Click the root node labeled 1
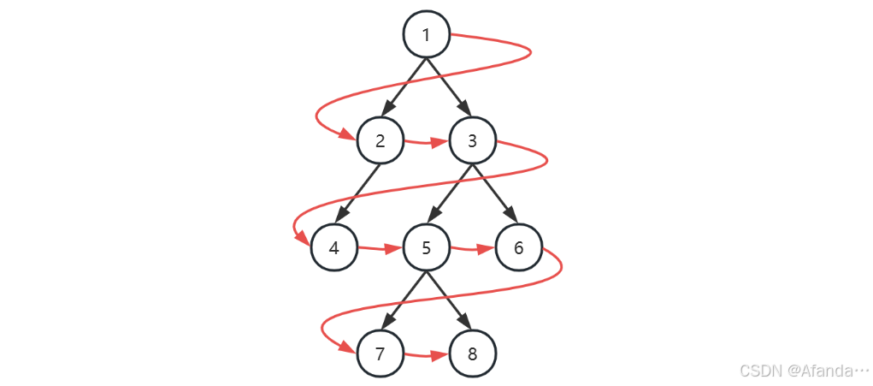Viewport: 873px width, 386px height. (x=427, y=34)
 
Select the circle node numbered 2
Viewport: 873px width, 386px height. (x=380, y=141)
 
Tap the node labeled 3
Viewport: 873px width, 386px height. (x=473, y=141)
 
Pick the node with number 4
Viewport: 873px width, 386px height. (x=333, y=248)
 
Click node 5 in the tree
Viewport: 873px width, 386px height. (x=427, y=248)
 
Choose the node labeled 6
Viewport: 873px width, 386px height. (x=519, y=248)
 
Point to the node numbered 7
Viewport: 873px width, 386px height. (x=380, y=354)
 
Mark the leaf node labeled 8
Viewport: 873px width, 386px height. (x=473, y=354)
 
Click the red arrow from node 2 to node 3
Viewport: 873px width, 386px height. (x=426, y=142)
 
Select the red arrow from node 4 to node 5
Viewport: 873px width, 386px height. (x=380, y=249)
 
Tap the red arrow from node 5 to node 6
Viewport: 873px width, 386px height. (x=473, y=249)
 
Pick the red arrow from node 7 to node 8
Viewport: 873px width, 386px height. (x=426, y=355)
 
